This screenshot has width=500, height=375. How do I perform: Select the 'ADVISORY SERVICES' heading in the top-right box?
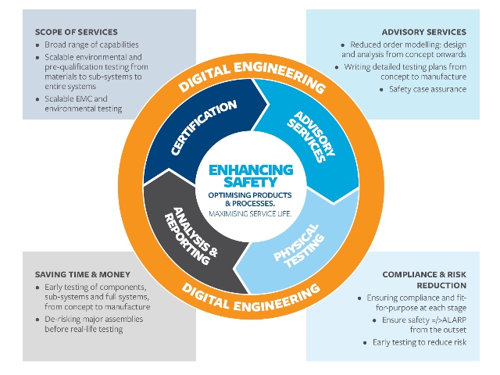point(424,32)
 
